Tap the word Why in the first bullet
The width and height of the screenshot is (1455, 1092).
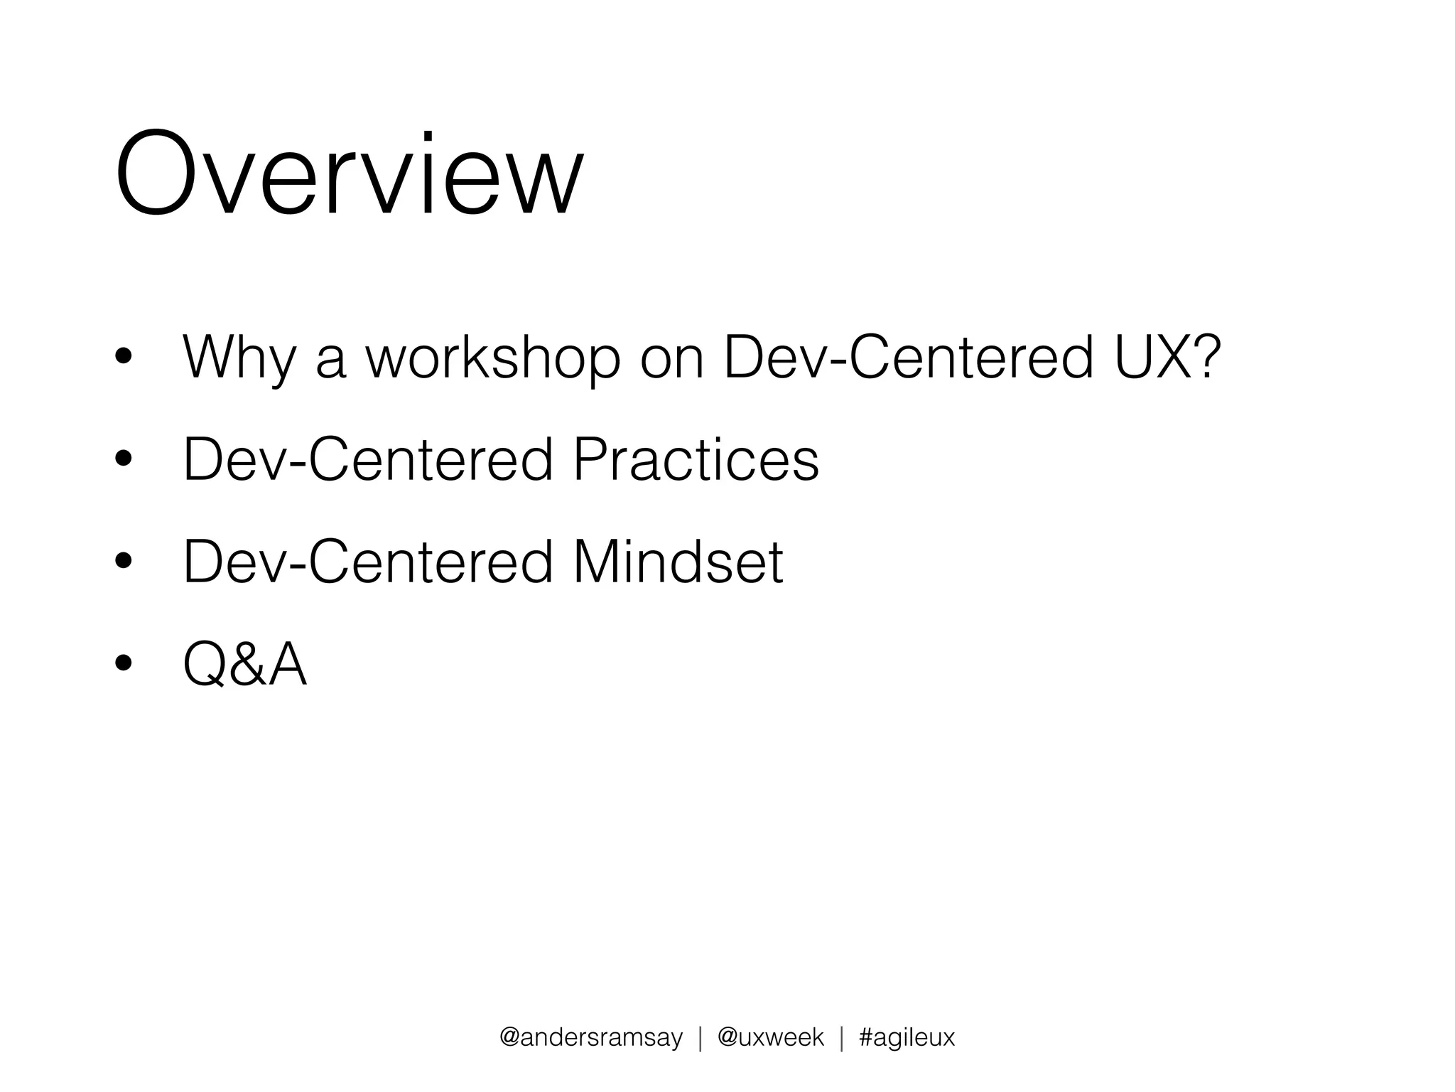[239, 358]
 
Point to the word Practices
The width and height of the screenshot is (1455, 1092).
[696, 459]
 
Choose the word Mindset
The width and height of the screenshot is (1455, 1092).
[678, 562]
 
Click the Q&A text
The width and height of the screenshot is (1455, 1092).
[244, 664]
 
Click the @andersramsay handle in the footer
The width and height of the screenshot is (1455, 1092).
[591, 1037]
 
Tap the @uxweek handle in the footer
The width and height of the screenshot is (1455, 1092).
[771, 1037]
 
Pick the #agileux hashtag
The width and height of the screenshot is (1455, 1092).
[907, 1037]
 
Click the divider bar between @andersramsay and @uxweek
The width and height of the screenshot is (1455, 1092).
[701, 1037]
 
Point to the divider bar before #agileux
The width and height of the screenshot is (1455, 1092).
[842, 1037]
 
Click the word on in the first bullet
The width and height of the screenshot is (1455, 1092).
[672, 358]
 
